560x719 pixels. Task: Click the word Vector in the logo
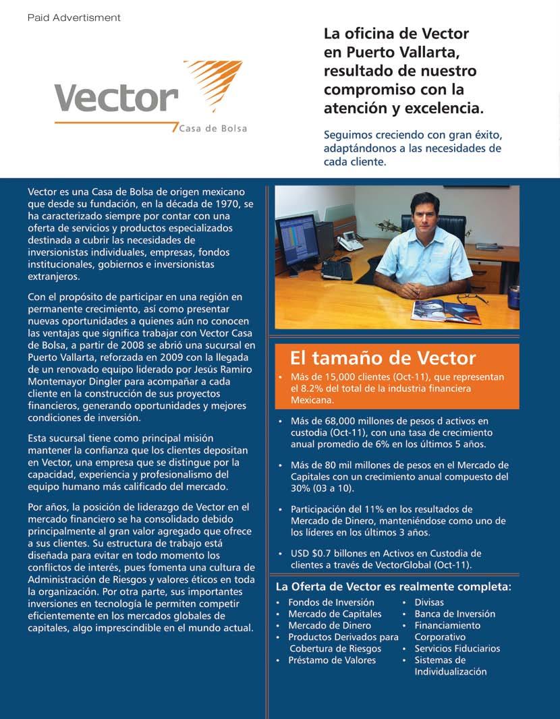115,98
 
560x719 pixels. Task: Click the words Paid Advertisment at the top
74,18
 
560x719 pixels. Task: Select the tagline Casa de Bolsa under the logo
213,129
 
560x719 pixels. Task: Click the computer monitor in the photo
298,240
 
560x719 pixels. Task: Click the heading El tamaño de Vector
383,357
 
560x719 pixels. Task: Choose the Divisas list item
429,602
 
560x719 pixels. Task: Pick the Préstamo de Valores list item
332,660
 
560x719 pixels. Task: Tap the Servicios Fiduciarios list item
457,648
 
